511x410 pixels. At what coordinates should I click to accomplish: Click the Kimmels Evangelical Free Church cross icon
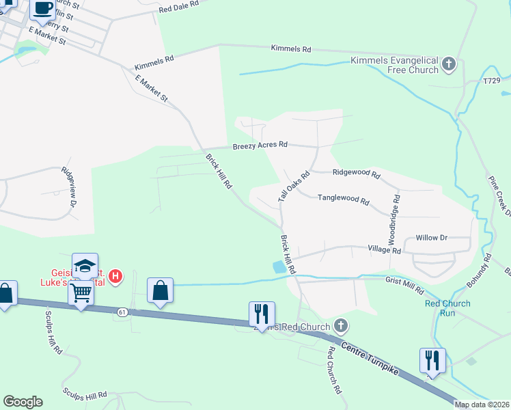[449, 65]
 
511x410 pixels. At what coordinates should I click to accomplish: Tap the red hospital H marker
[116, 277]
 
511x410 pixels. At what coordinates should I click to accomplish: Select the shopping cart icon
[81, 293]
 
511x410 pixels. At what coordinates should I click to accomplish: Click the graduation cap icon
[85, 266]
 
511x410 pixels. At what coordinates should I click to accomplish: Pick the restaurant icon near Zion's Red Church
[262, 314]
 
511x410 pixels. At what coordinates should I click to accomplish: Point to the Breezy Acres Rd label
[260, 146]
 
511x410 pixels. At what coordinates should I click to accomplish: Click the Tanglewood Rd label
[344, 201]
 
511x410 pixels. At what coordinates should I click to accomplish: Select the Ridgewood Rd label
[356, 174]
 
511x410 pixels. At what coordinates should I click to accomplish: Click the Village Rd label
[384, 250]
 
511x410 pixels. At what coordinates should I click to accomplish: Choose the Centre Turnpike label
[372, 355]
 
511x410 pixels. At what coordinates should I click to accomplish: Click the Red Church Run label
[447, 308]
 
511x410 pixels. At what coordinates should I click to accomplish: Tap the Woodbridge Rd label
[395, 217]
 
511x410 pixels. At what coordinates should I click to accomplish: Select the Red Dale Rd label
[178, 7]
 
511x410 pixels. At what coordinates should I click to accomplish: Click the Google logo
[23, 402]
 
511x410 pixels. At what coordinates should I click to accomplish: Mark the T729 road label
[492, 81]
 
